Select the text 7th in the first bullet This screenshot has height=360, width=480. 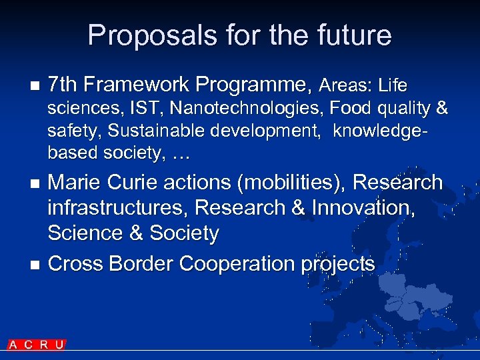(63, 85)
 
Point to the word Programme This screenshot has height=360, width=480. (253, 85)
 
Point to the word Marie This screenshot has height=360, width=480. (75, 183)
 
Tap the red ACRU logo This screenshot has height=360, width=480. (37, 345)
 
